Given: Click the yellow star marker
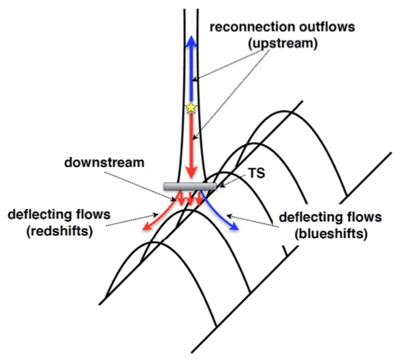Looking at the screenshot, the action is tap(191, 108).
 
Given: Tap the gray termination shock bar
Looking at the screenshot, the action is tap(190, 186).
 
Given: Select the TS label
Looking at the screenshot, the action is tap(257, 173).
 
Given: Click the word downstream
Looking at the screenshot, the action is tap(104, 162).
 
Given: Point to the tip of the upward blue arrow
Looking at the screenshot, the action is tap(191, 36).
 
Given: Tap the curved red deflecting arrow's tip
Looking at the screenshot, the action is tap(143, 229).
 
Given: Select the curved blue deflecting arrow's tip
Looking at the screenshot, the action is tap(238, 230).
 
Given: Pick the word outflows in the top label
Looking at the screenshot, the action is tap(325, 27).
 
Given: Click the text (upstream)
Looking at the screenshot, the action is tap(283, 44).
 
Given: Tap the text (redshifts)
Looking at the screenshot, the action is tap(59, 231).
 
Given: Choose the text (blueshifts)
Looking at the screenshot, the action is tap(331, 234).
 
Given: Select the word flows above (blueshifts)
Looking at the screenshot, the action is tap(365, 217).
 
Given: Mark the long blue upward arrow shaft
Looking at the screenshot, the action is tap(191, 73).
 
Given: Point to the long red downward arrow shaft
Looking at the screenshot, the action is tap(191, 140).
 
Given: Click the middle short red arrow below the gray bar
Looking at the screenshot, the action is tap(190, 199).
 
